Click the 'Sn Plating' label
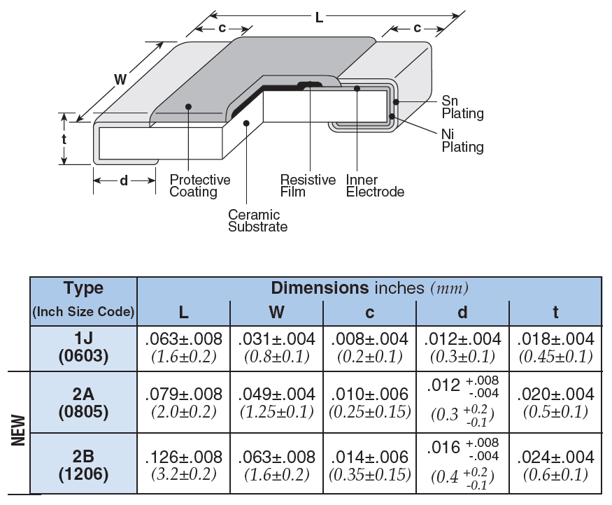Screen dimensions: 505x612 pos(462,107)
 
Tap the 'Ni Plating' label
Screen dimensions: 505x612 pos(462,141)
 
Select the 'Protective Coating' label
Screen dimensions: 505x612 pos(199,185)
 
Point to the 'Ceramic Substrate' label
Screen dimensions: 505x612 pos(257,220)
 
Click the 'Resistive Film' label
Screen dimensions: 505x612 pos(308,185)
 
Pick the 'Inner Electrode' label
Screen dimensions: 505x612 pos(375,185)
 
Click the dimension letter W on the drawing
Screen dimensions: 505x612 pos(120,80)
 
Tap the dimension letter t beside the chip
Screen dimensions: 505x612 pos(64,138)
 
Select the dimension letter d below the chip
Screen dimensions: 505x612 pos(124,180)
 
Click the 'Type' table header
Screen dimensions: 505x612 pos(83,288)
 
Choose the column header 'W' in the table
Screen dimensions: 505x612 pos(276,312)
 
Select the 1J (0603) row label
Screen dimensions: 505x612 pos(83,347)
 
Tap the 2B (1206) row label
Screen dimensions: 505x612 pos(83,465)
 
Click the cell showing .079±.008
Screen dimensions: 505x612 pos(183,394)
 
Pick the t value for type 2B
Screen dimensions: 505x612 pos(555,457)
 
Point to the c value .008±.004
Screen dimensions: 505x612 pos(369,339)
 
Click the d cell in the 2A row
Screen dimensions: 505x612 pos(462,401)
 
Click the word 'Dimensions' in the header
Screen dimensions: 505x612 pos(319,288)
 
